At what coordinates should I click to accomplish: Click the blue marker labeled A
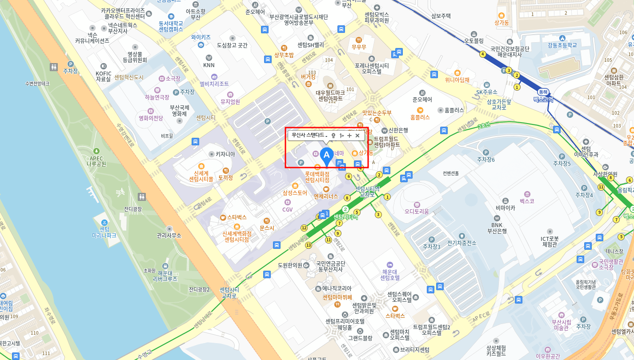point(327,155)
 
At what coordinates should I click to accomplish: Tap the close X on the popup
point(357,136)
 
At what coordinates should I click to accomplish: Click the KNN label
point(209,65)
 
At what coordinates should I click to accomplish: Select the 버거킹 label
point(308,76)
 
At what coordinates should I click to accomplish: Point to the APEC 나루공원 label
point(96,161)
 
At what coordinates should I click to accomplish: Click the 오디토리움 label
point(417,212)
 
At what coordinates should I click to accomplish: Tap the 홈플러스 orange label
point(420,117)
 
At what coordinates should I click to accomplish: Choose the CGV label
point(288,209)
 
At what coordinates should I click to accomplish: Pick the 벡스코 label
point(527,201)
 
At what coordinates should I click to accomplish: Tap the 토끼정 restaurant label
point(225,177)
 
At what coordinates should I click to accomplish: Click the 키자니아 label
point(225,154)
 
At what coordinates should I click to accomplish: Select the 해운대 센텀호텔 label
point(390,274)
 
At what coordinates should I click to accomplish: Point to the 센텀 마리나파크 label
point(104,232)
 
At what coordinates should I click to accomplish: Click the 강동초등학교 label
point(562,45)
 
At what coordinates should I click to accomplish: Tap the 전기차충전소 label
point(461,243)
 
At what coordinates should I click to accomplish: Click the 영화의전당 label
point(151,118)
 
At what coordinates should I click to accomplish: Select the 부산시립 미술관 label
point(561,324)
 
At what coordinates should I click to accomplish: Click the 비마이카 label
point(505,208)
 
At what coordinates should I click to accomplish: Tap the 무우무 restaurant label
point(358,46)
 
